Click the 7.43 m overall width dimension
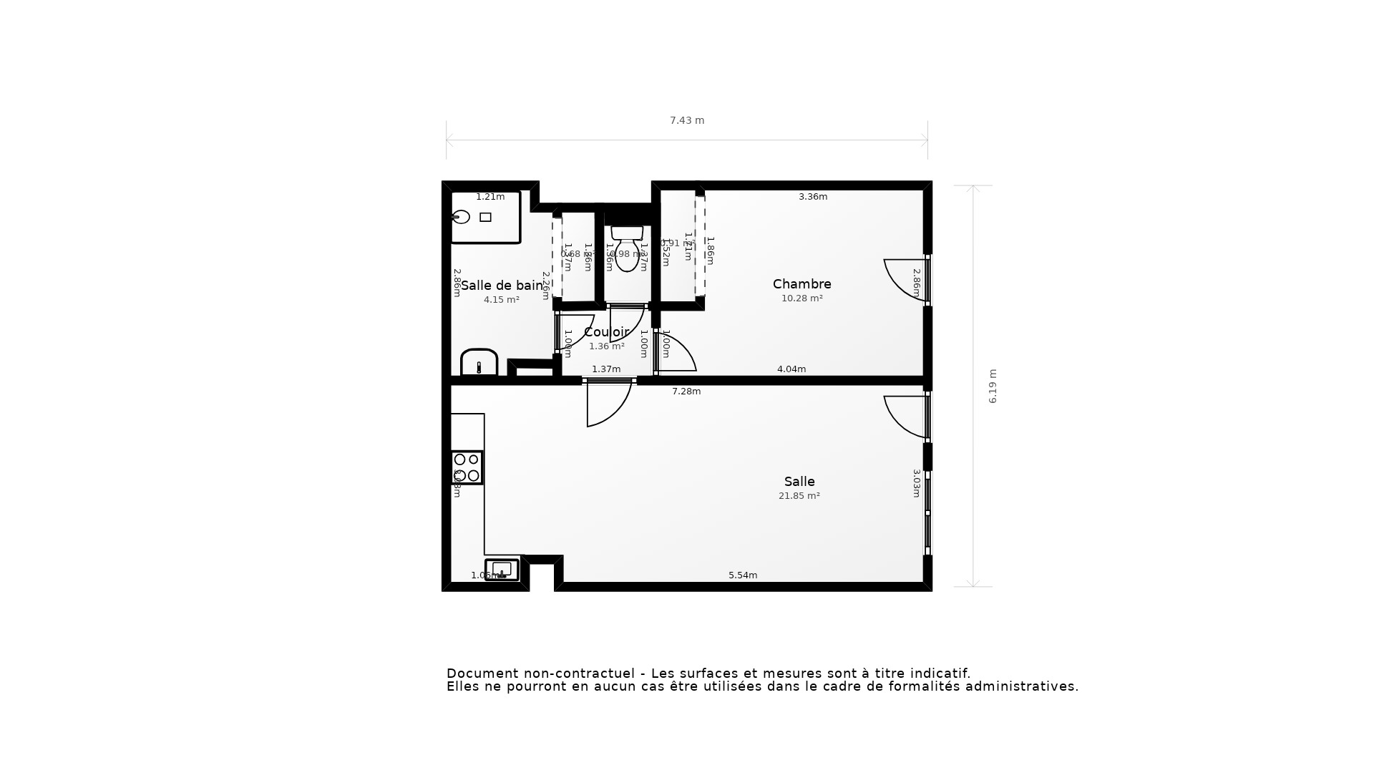point(686,120)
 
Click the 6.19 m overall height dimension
point(993,386)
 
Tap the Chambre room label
point(801,284)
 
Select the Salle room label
point(799,482)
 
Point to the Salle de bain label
point(502,286)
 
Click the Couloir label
point(606,332)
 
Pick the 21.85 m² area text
point(799,496)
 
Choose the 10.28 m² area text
point(801,298)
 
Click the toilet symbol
point(627,248)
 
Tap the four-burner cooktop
point(467,467)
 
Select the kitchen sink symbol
point(502,570)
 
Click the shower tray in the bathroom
point(485,217)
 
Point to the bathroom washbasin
point(479,362)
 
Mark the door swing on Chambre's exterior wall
point(905,279)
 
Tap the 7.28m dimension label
point(686,392)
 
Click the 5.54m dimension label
point(742,575)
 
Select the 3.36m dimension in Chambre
point(812,197)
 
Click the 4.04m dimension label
point(791,369)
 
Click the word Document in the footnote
point(482,674)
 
